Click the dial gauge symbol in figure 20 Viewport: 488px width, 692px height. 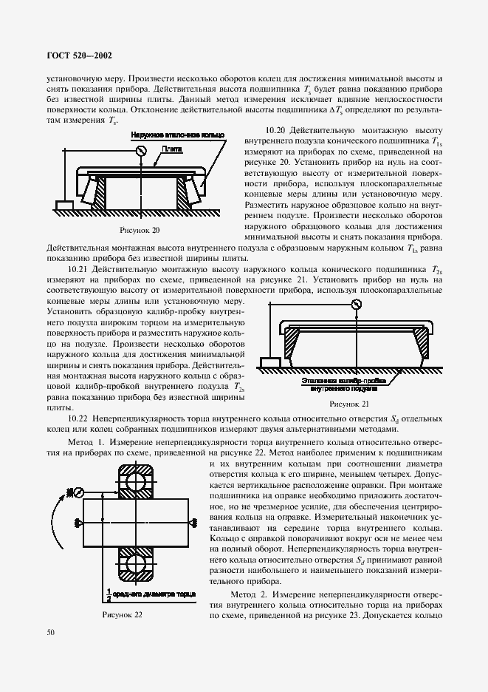coord(138,151)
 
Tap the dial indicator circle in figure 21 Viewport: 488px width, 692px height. coord(357,304)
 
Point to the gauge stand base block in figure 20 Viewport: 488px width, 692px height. coord(63,203)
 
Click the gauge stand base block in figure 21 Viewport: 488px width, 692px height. coord(269,361)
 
